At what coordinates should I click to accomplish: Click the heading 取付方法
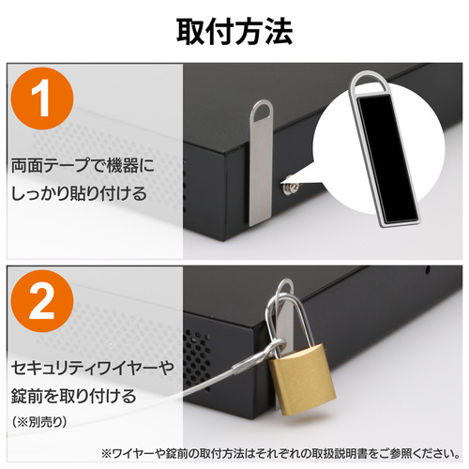click(234, 32)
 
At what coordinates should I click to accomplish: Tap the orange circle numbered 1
click(42, 98)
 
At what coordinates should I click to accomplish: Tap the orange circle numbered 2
click(42, 301)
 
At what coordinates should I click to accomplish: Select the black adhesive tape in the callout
click(387, 159)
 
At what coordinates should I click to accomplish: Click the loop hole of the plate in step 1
click(263, 111)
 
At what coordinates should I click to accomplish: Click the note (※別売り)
click(38, 422)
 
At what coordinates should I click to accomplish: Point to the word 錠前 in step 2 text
click(25, 396)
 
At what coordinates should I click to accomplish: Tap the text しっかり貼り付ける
click(79, 193)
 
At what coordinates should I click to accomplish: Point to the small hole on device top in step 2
click(428, 269)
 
